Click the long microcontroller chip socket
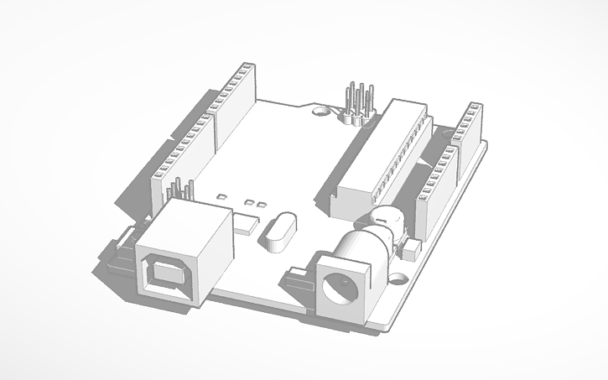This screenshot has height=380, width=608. pyautogui.click(x=382, y=156)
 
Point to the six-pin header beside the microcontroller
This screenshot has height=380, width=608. pyautogui.click(x=356, y=103)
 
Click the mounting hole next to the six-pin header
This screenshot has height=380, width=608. pyautogui.click(x=320, y=109)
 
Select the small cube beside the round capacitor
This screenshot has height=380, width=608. pyautogui.click(x=411, y=249)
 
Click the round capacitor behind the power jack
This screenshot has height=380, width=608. pyautogui.click(x=384, y=223)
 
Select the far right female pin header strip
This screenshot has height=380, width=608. pyautogui.click(x=470, y=126)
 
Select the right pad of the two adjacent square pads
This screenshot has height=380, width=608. pyautogui.click(x=262, y=205)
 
